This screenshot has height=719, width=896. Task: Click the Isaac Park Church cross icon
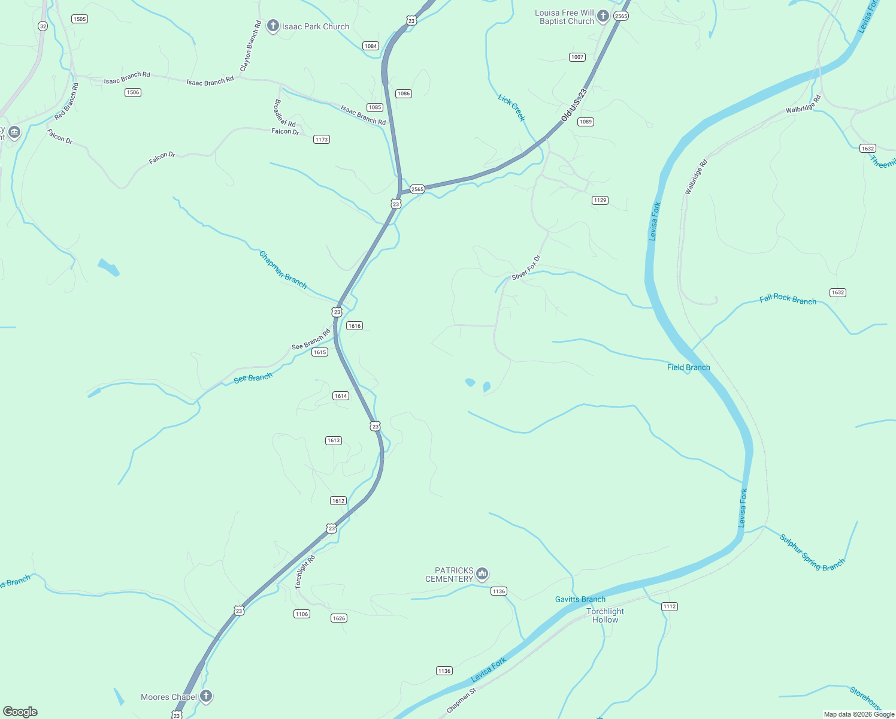[273, 26]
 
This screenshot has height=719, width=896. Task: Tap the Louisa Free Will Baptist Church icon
[603, 16]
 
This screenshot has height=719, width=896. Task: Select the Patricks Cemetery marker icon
[482, 575]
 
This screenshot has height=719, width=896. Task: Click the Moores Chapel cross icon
[206, 696]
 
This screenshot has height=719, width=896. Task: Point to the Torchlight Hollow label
[605, 615]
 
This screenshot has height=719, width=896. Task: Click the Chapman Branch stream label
[283, 270]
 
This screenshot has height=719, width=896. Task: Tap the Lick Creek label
[511, 107]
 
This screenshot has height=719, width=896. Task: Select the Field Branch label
[688, 367]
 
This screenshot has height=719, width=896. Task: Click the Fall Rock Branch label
[788, 299]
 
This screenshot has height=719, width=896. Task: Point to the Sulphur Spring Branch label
[812, 552]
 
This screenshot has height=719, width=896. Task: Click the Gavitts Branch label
[580, 599]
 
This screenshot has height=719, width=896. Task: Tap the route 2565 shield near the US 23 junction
[417, 189]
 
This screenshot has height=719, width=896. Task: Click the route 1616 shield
[355, 326]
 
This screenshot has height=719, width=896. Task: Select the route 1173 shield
[322, 140]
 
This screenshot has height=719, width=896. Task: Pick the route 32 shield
[43, 26]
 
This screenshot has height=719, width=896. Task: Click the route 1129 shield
[600, 200]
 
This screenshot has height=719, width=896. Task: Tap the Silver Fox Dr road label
[526, 268]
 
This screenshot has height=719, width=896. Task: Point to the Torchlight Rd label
[305, 572]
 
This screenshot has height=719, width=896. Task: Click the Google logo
[20, 712]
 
